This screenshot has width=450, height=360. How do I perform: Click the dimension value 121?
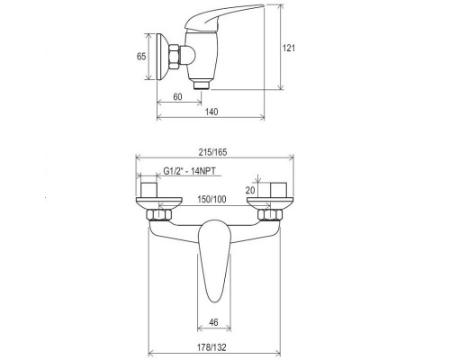(x=289, y=48)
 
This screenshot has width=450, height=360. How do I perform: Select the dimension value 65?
(x=142, y=56)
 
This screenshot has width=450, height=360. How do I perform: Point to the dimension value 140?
(x=211, y=112)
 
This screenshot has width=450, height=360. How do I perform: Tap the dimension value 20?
(x=252, y=190)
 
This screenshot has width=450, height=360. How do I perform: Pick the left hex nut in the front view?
(x=162, y=217)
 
